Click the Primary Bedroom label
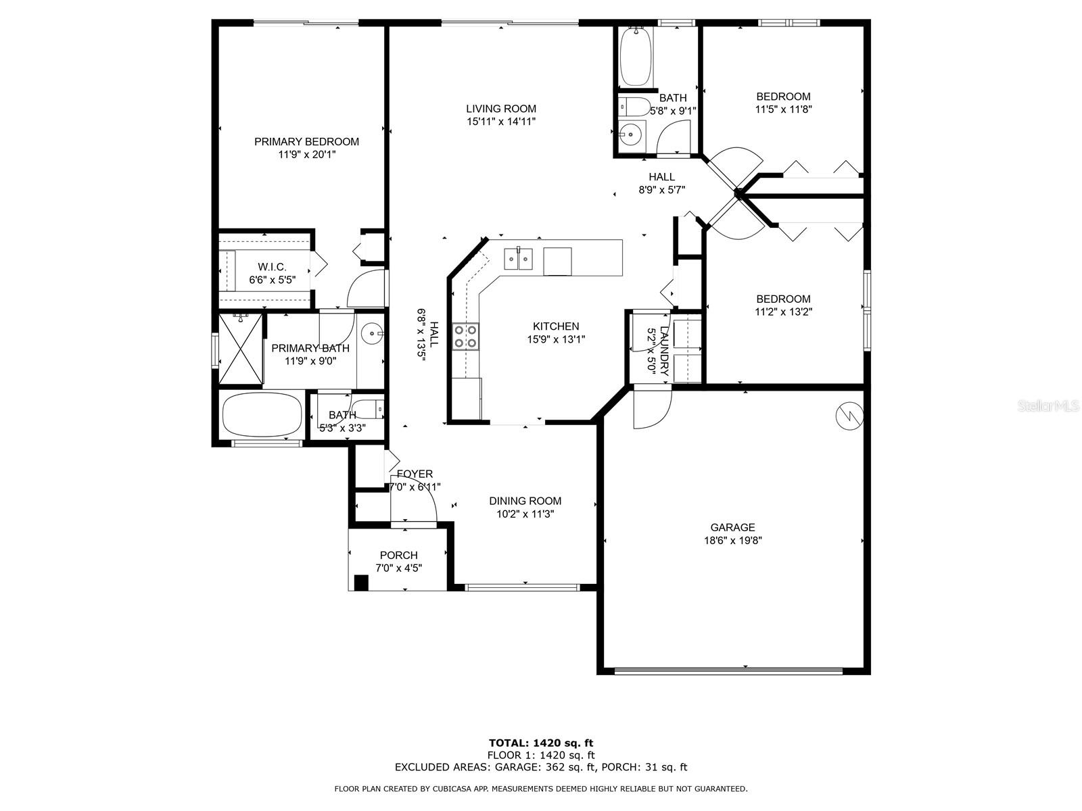point(306,142)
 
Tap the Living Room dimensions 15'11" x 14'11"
point(501,122)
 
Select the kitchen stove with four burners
point(465,337)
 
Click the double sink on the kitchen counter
point(519,258)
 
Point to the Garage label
point(732,528)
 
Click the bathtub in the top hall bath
point(636,56)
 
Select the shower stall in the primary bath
point(240,349)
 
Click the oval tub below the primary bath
point(262,414)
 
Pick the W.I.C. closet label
point(272,267)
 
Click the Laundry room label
point(664,350)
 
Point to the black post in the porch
point(362,583)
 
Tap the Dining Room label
point(525,501)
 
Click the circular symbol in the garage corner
point(849,416)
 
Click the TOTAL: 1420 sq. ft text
point(541,743)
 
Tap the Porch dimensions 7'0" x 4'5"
point(399,568)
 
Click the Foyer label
point(415,474)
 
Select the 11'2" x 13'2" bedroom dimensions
point(783,312)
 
